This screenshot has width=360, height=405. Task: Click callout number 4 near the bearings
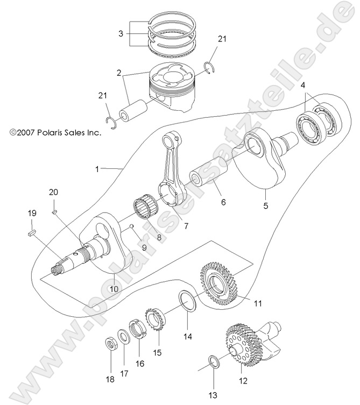click(303, 85)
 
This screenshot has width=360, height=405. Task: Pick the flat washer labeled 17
click(124, 338)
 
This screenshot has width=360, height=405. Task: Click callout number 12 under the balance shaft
click(243, 381)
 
